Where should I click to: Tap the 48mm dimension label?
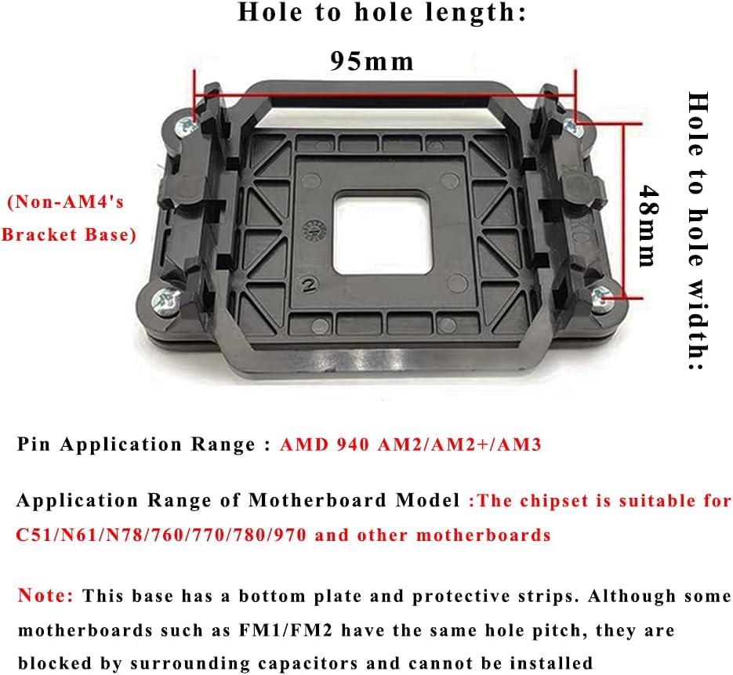coord(648,226)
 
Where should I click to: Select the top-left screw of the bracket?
coord(186,126)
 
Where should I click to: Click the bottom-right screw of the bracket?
coord(601,296)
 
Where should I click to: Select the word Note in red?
coord(45,595)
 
